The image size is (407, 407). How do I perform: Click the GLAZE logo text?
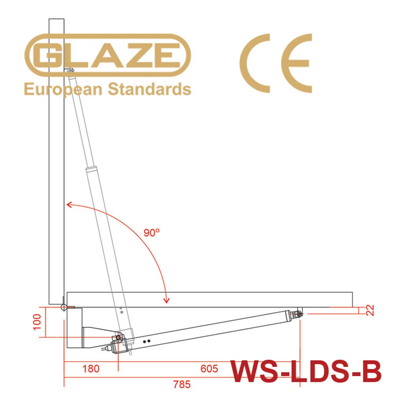click(108, 55)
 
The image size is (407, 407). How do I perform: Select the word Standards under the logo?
click(150, 89)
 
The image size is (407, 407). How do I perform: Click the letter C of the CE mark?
click(255, 63)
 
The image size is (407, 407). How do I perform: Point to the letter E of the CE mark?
click(296, 63)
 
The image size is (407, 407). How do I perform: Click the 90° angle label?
click(152, 233)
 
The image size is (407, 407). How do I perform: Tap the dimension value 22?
click(370, 310)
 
